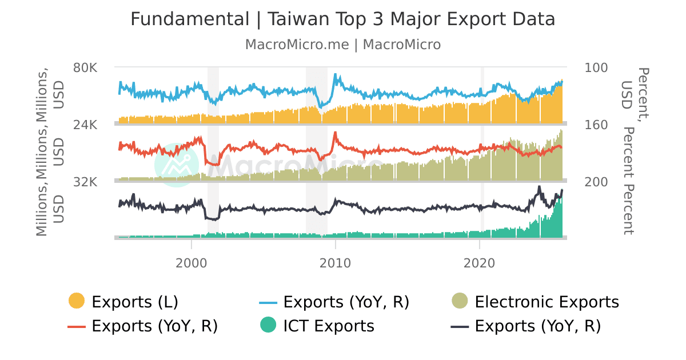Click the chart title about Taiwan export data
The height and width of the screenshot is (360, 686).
[343, 19]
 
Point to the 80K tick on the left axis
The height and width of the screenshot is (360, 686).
[86, 67]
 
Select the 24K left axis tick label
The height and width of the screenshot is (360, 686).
[86, 125]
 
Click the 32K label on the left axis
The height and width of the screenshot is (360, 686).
[86, 182]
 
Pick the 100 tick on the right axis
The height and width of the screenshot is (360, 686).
[596, 67]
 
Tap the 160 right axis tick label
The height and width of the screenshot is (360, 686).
[596, 125]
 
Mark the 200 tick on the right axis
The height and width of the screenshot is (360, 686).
[596, 182]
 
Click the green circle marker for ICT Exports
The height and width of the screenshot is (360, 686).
[268, 326]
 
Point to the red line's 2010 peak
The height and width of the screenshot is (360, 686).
[335, 133]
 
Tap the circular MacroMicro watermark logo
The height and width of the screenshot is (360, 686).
[177, 165]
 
